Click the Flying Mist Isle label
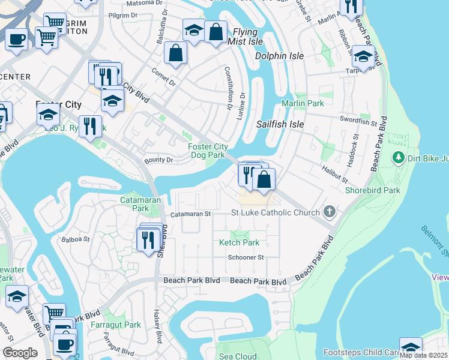pyautogui.click(x=245, y=37)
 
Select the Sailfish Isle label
pyautogui.click(x=280, y=124)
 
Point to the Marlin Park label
pyautogui.click(x=303, y=103)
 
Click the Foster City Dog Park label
pyautogui.click(x=208, y=151)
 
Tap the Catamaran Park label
pyautogui.click(x=133, y=204)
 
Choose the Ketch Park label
pyautogui.click(x=240, y=242)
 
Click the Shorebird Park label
pyautogui.click(x=372, y=190)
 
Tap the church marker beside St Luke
pyautogui.click(x=328, y=211)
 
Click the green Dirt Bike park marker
pyautogui.click(x=397, y=158)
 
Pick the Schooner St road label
pyautogui.click(x=246, y=257)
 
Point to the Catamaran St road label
pyautogui.click(x=190, y=213)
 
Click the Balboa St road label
pyautogui.click(x=76, y=239)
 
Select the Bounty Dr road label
pyautogui.click(x=158, y=160)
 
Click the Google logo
pyautogui.click(x=20, y=353)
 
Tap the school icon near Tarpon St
pyautogui.click(x=363, y=58)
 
